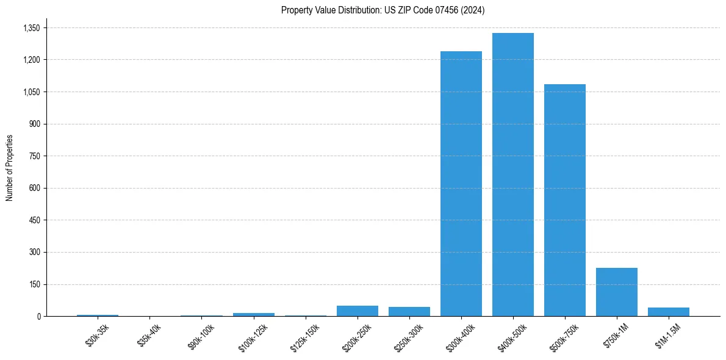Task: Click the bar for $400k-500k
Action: point(513,175)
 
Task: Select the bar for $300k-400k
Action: point(461,184)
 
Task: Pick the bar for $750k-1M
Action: point(617,292)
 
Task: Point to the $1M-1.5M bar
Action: point(669,312)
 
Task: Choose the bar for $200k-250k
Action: point(358,311)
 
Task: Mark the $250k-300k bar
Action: point(409,311)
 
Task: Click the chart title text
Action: point(383,10)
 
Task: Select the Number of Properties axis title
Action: point(10,168)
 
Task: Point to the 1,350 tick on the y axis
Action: point(31,28)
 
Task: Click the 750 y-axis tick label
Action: point(34,156)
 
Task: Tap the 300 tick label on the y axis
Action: point(34,252)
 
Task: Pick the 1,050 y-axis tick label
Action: point(31,92)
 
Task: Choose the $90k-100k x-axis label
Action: point(201,336)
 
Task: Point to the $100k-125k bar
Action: point(254,314)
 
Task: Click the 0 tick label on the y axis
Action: point(38,316)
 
